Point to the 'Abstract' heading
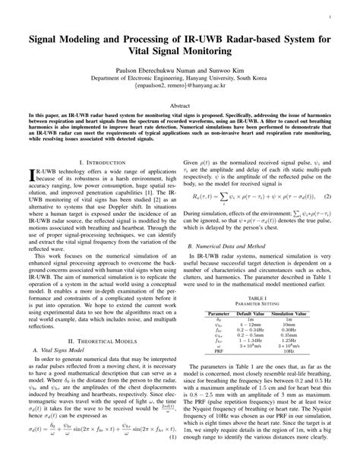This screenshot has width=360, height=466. (x=179, y=107)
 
